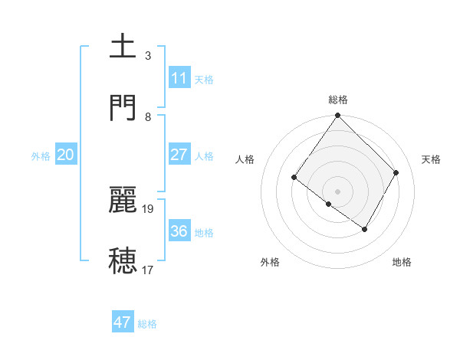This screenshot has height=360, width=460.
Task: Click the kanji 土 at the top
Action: (x=123, y=45)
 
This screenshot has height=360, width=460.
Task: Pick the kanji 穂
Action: (x=123, y=260)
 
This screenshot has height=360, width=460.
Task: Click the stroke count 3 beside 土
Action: (x=148, y=55)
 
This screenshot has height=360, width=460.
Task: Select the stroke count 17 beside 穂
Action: (x=148, y=270)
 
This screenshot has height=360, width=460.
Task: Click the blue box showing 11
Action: (x=179, y=77)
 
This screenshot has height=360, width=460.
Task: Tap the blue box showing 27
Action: (x=179, y=154)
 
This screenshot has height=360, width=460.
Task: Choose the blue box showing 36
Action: (x=179, y=231)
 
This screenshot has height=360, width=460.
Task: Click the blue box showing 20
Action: (x=66, y=154)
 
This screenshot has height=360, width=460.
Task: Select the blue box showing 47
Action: (x=123, y=322)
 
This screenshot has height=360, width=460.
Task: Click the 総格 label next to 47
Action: (x=147, y=324)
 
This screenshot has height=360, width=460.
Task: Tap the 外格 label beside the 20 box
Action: (x=41, y=155)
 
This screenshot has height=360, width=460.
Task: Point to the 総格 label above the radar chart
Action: (x=338, y=100)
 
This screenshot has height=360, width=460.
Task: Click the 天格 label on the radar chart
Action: (x=432, y=159)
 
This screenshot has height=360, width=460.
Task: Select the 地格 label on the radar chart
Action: (x=402, y=262)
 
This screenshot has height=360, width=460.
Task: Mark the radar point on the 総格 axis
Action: (x=338, y=116)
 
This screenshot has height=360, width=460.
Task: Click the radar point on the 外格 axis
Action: (x=329, y=205)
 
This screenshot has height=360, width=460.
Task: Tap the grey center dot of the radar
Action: (x=338, y=191)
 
